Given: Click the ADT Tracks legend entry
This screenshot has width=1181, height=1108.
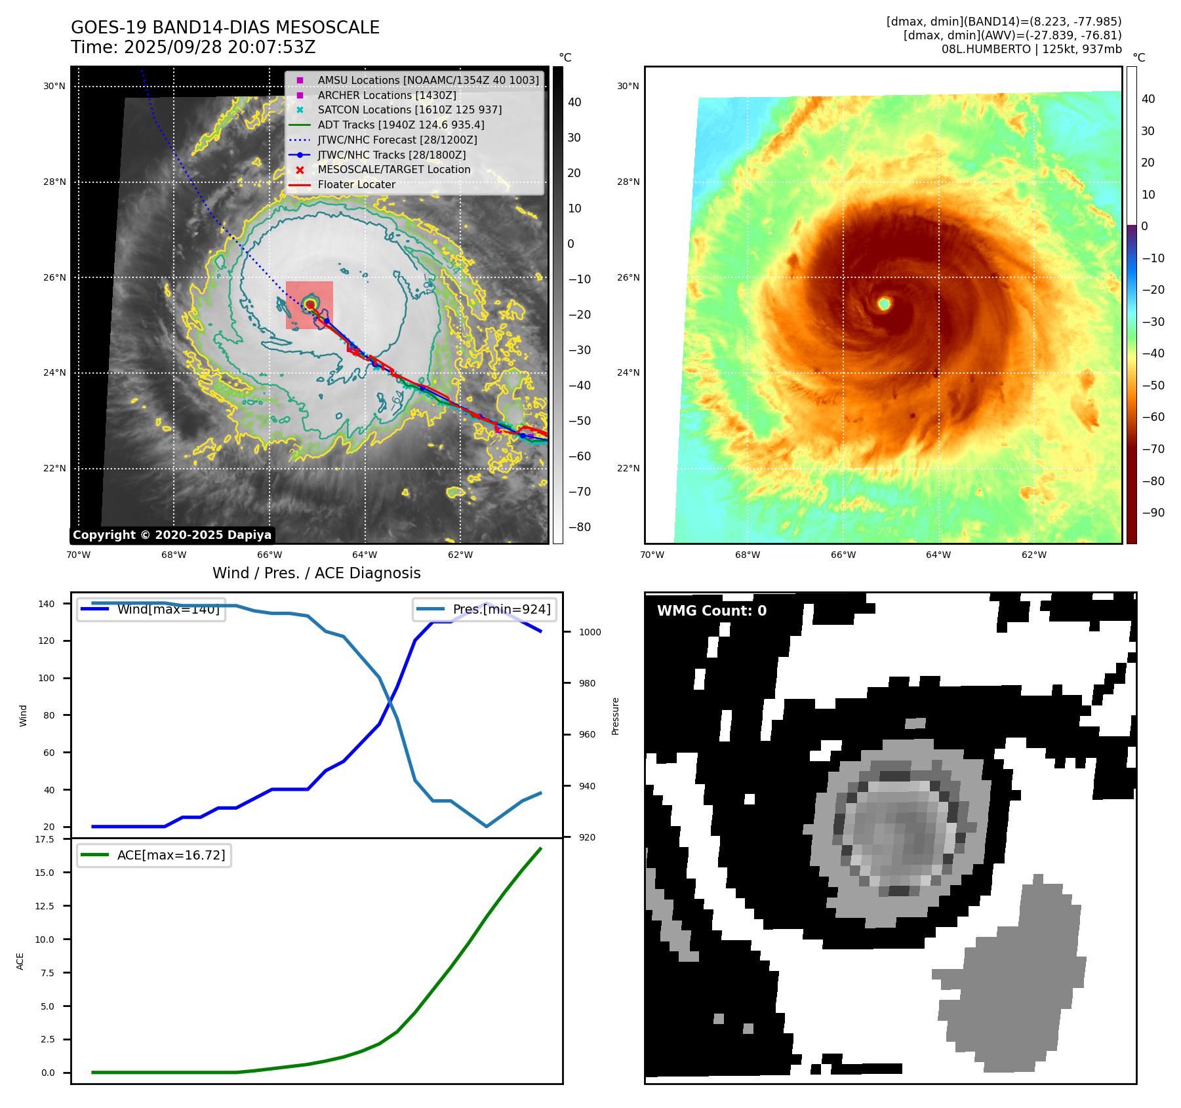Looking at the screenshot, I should click(x=401, y=125).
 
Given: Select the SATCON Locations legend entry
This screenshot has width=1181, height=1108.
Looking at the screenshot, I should click(x=409, y=109).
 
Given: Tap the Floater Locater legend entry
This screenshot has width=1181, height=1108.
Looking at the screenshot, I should click(x=356, y=184).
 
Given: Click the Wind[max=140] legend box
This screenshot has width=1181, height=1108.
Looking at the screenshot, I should click(x=151, y=609).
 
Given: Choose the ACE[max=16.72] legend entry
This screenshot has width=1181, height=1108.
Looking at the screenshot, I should click(x=154, y=855).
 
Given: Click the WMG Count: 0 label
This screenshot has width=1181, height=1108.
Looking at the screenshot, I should click(x=711, y=610).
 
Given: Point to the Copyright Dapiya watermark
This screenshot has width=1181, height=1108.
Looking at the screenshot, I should click(x=172, y=535).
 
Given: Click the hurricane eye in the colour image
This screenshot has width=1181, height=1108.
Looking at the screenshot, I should click(x=884, y=304).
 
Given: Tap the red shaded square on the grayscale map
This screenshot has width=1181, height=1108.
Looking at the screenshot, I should click(x=310, y=305).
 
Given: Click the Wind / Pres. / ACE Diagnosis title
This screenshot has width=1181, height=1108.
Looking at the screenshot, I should click(x=316, y=573).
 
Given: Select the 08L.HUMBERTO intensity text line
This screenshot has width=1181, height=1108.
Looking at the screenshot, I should click(x=1031, y=49).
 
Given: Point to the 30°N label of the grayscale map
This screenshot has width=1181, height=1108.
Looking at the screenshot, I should click(x=54, y=86).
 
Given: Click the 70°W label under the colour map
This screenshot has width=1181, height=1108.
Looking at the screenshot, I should click(x=652, y=555).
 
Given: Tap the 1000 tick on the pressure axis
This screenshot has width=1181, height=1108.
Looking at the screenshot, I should click(x=590, y=632).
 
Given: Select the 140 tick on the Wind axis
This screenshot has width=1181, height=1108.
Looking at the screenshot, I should click(x=47, y=604).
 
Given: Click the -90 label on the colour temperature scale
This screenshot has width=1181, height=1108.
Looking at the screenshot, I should click(x=1153, y=512).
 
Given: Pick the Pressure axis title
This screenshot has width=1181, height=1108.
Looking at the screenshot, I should click(x=615, y=716).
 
